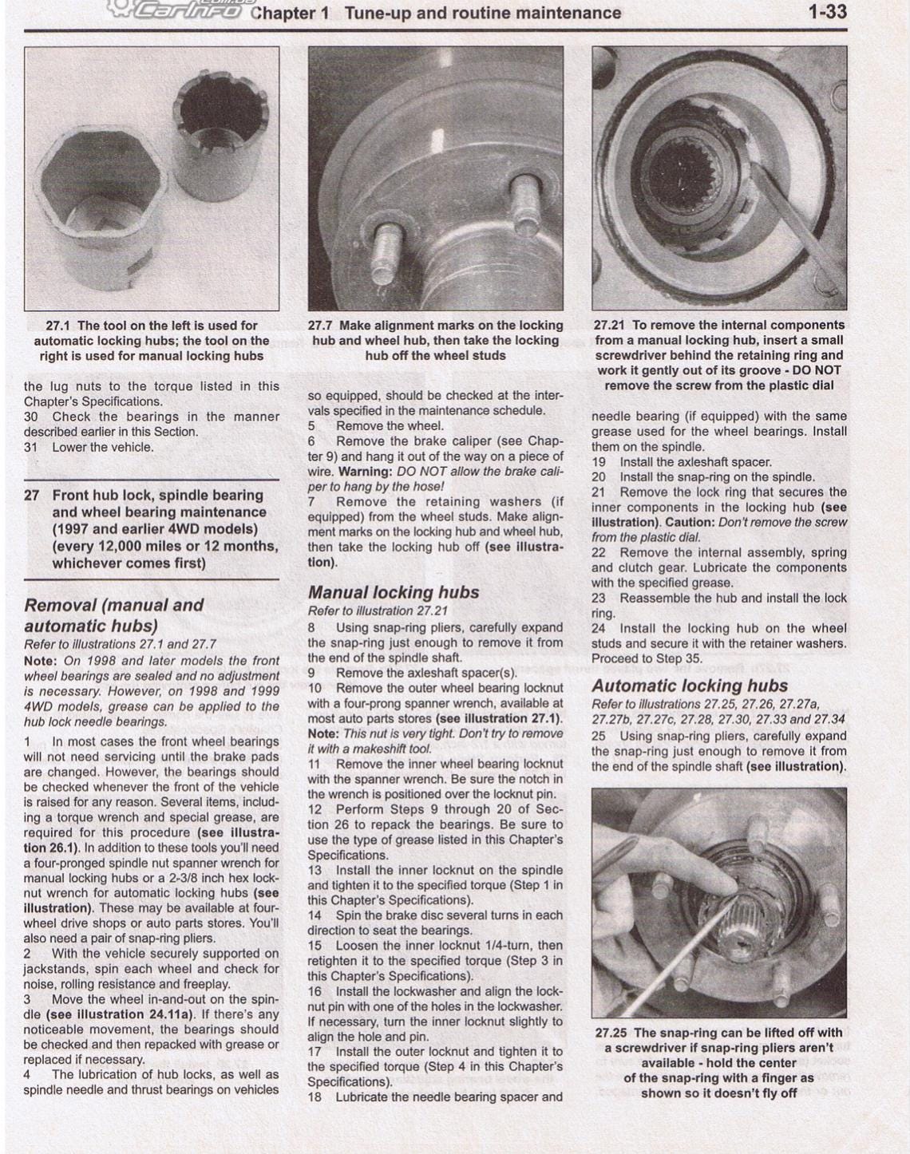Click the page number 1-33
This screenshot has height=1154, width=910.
(x=827, y=12)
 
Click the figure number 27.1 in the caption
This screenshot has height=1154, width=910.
(x=58, y=326)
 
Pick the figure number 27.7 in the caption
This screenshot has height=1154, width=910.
(x=320, y=326)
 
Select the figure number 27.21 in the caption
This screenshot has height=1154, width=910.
(x=610, y=326)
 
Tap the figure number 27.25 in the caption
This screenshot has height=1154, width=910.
(x=611, y=1033)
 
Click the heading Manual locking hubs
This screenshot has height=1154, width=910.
(x=394, y=592)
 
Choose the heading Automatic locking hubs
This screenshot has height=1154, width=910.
(x=689, y=686)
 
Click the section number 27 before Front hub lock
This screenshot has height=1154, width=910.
(x=32, y=495)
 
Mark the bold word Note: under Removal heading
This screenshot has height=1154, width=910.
(x=41, y=661)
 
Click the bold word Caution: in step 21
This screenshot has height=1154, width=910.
(x=691, y=523)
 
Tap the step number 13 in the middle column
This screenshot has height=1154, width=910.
(x=315, y=870)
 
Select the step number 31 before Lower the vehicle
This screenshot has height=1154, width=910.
(x=31, y=447)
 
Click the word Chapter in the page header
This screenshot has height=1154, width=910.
(x=283, y=14)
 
